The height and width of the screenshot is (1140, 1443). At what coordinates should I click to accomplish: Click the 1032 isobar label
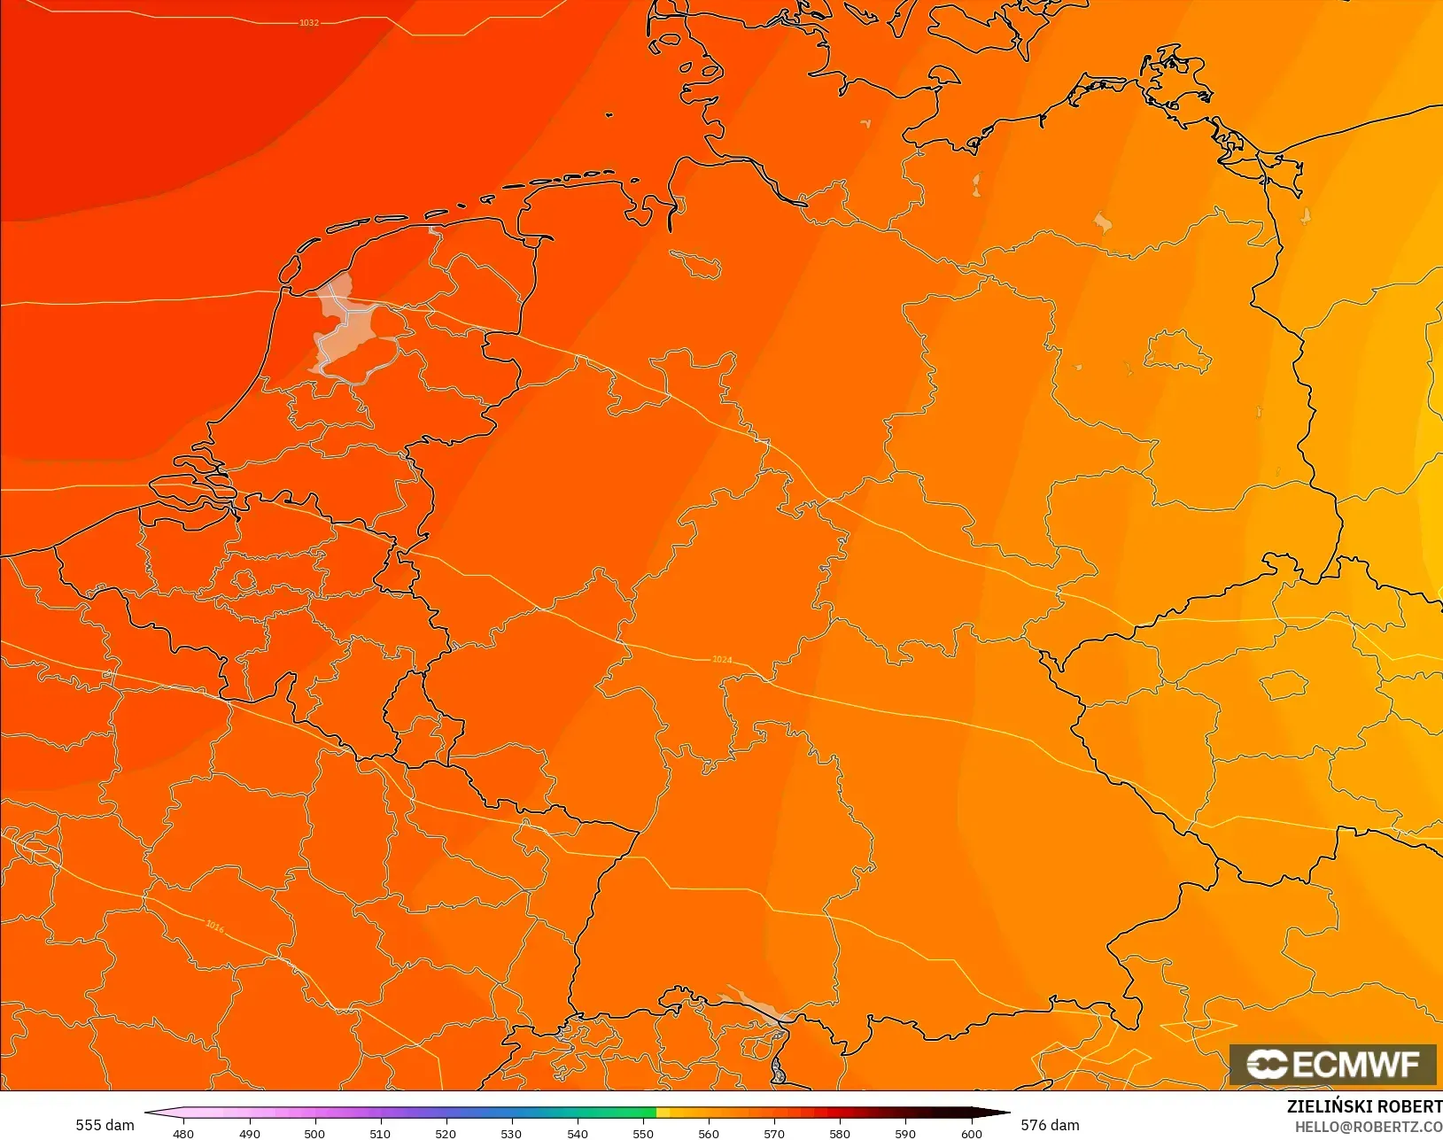tap(308, 22)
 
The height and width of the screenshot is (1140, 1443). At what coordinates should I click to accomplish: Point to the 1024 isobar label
tap(722, 660)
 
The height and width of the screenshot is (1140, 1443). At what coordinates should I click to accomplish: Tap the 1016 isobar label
tap(215, 927)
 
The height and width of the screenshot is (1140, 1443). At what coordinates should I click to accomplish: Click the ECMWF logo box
tap(1332, 1064)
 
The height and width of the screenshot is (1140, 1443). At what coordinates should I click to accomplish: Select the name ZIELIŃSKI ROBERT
tap(1364, 1106)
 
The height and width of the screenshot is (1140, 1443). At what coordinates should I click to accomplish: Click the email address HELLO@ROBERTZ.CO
tap(1369, 1127)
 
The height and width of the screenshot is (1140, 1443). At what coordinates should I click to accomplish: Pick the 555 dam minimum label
tap(105, 1125)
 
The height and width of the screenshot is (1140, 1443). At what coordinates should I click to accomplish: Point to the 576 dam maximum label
tap(1050, 1125)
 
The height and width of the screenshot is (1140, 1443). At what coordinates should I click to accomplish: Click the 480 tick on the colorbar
tap(183, 1133)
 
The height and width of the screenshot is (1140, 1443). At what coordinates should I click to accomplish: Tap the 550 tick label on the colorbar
tap(643, 1133)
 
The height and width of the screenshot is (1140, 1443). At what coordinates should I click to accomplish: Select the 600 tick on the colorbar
tap(971, 1133)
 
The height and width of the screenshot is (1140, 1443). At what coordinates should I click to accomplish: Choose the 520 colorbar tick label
tap(446, 1133)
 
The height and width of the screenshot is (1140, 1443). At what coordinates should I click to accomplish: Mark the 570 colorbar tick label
tap(774, 1133)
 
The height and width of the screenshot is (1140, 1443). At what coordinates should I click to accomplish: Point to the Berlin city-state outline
tap(1177, 351)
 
